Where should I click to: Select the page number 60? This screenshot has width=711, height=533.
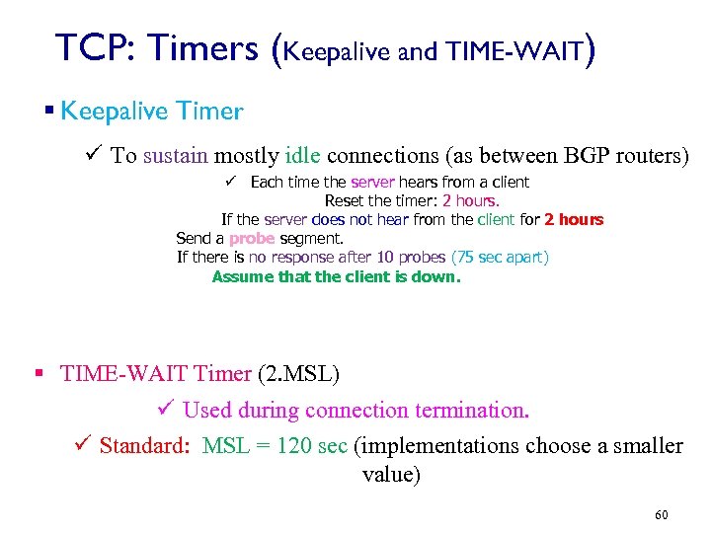[x=661, y=515]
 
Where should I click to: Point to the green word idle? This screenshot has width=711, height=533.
[x=302, y=155]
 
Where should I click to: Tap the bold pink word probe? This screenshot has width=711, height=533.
[x=251, y=238]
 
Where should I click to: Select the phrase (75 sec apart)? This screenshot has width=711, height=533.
[x=500, y=257]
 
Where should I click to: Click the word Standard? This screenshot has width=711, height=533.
[x=144, y=446]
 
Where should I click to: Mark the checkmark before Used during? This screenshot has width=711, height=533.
[x=167, y=410]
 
